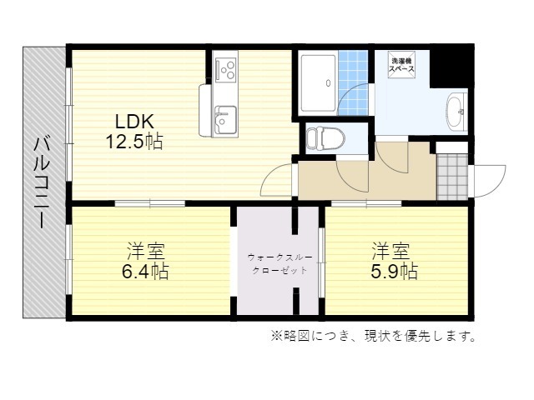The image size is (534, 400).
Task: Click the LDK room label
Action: point(134,121)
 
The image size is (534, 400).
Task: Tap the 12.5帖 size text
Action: point(134,142)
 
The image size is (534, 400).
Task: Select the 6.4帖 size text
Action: point(145,272)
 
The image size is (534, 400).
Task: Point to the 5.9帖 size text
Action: point(394,272)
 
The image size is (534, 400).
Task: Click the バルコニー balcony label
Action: point(43,182)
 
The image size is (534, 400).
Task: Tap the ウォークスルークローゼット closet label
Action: point(280,264)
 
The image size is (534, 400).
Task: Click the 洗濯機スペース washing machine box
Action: point(402,65)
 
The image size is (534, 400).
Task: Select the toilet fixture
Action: point(325,139)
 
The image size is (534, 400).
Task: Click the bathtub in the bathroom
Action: point(318,83)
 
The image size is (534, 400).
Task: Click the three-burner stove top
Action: point(225,69)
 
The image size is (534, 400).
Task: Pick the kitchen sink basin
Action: point(224,119)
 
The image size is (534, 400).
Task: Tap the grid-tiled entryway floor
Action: point(452,177)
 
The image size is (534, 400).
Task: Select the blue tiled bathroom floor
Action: point(353,83)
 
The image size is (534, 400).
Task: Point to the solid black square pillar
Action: point(451,66)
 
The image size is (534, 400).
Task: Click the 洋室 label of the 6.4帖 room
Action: point(146,251)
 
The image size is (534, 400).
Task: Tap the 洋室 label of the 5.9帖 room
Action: point(390,251)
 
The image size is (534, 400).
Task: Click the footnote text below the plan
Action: point(374,336)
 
